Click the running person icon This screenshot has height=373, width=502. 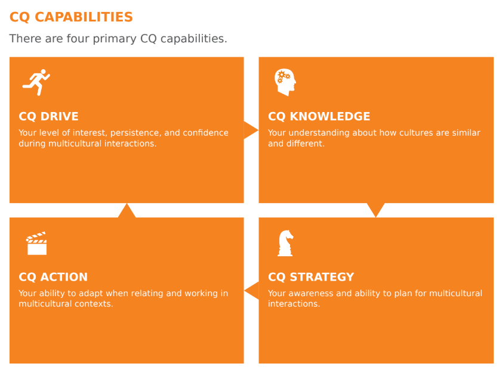click(36, 82)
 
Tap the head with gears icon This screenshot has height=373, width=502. click(285, 82)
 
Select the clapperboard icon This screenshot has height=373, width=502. click(36, 243)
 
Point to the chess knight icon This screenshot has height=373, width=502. click(285, 243)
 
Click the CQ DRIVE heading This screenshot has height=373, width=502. click(48, 116)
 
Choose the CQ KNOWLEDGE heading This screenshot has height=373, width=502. click(319, 116)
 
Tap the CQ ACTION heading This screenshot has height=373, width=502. click(53, 277)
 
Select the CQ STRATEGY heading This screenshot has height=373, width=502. click(311, 277)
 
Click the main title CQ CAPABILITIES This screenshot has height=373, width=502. click(71, 17)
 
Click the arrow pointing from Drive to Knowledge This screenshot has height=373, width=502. click(251, 130)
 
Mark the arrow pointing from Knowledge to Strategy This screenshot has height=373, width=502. click(376, 210)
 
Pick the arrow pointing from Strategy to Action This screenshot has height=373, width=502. click(252, 291)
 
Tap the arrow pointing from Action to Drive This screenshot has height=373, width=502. click(127, 210)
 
